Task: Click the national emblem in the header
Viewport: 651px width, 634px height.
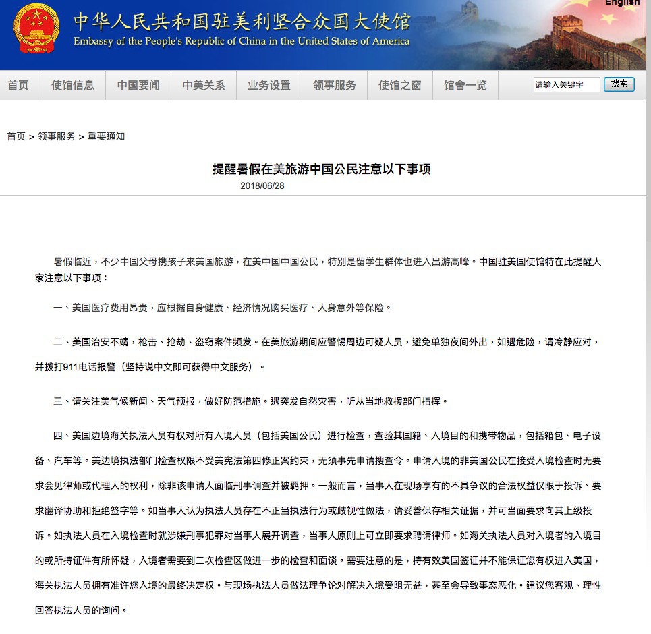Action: point(36,28)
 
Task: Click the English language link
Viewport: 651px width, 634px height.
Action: point(621,3)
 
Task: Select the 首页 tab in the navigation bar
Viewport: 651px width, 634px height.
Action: point(18,85)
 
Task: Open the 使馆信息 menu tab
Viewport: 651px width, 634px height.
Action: point(73,85)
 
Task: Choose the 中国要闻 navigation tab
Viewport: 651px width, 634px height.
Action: point(138,85)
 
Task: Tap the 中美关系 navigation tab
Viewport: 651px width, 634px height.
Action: point(204,85)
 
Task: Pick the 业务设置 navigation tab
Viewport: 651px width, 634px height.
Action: point(269,85)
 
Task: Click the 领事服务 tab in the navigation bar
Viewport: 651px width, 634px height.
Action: point(335,85)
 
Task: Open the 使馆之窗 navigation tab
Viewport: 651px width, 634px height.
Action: point(400,85)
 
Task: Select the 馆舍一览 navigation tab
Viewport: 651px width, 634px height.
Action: point(465,85)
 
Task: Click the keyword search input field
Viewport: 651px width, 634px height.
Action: point(566,84)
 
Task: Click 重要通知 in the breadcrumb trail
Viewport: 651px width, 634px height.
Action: point(106,136)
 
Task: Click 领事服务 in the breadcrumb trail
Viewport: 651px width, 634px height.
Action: point(57,136)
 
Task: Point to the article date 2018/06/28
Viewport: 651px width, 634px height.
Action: point(262,185)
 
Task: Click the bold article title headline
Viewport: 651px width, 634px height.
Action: point(321,169)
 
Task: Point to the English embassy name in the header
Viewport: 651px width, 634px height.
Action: point(242,41)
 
